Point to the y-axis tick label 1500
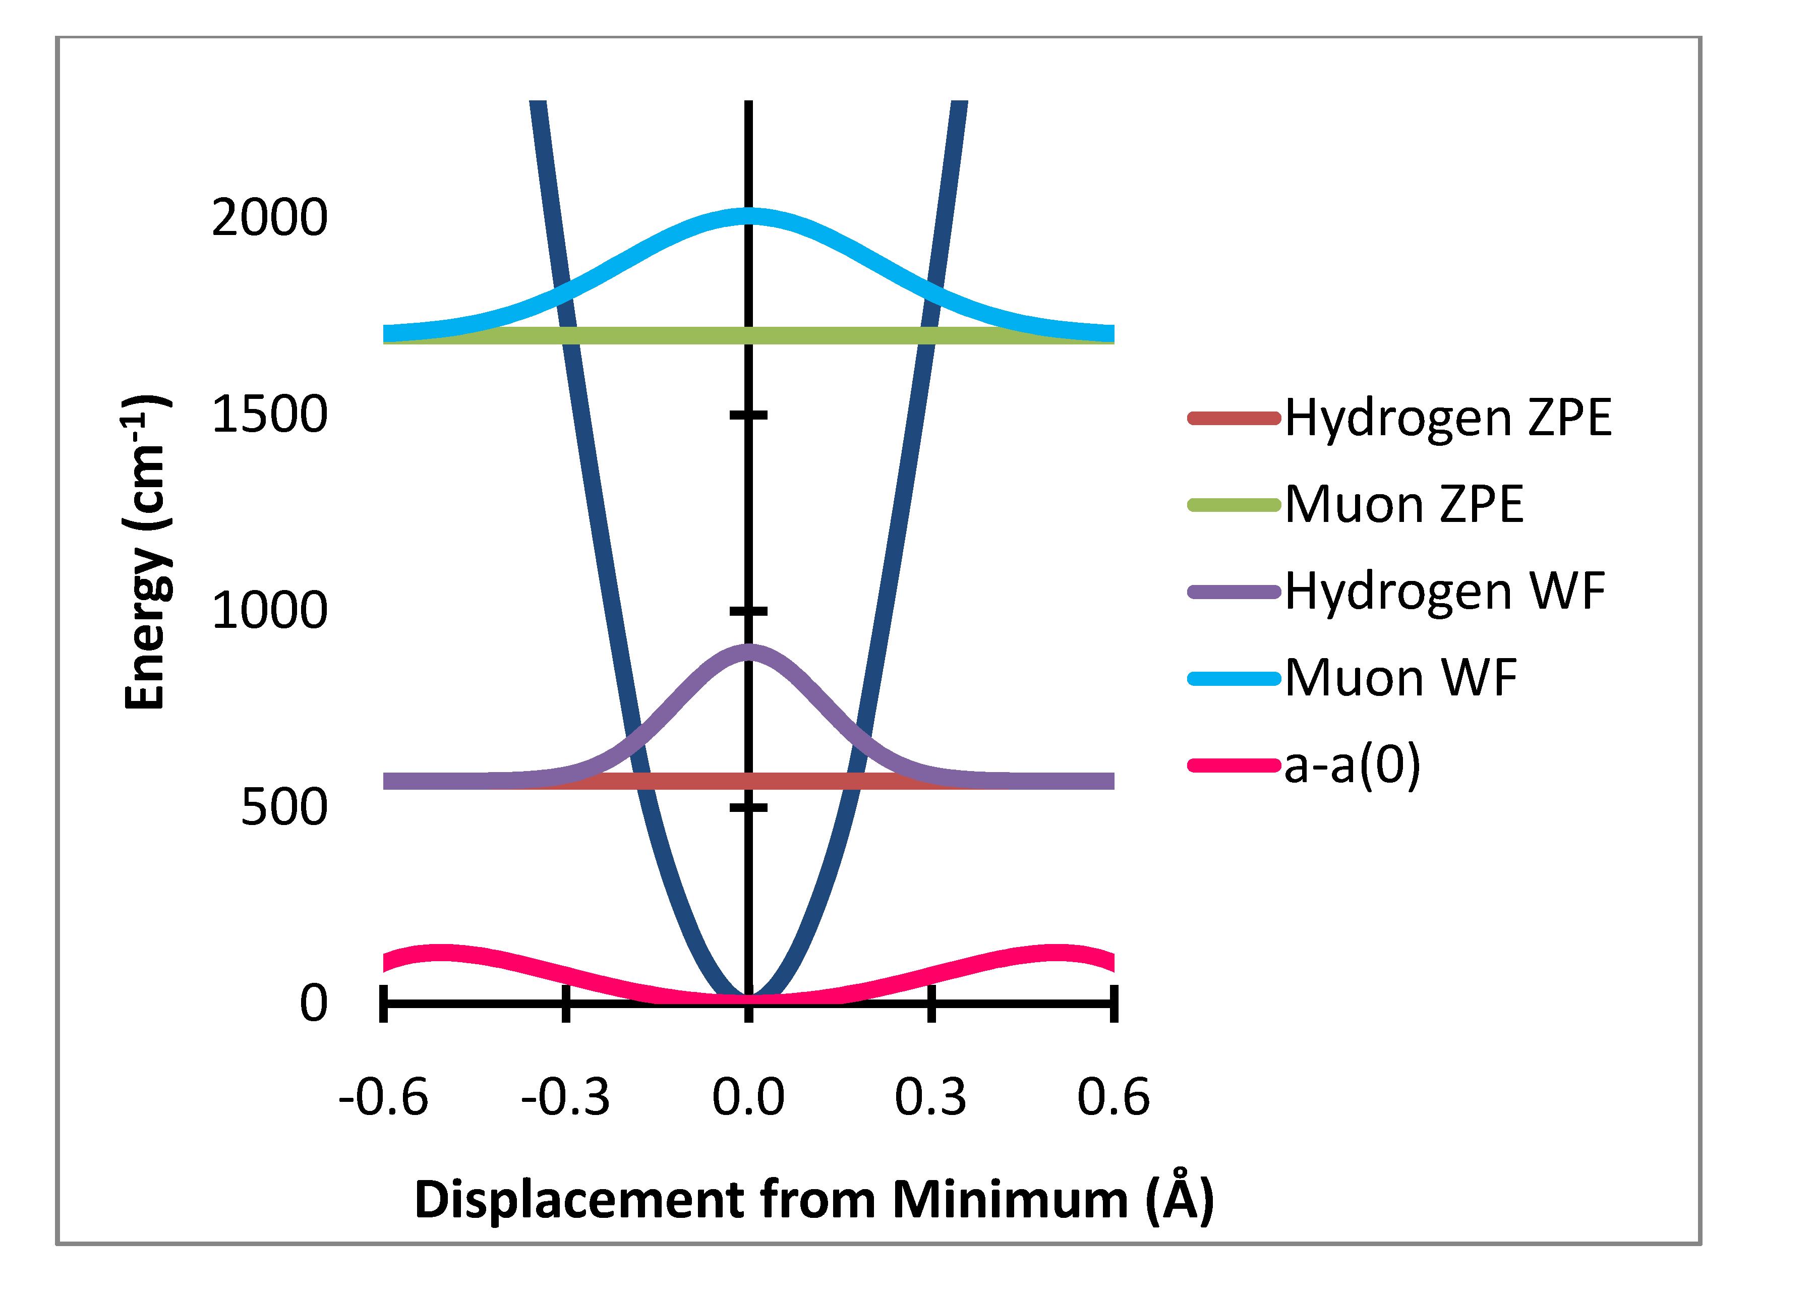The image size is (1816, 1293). [x=269, y=415]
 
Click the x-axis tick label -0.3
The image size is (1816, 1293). [x=565, y=1097]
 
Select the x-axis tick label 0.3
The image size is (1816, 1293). [x=930, y=1097]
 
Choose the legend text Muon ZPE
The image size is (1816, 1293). [x=1403, y=505]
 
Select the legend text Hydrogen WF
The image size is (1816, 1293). [x=1444, y=592]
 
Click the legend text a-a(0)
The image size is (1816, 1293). [x=1352, y=765]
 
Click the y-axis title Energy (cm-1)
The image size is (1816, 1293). [x=146, y=551]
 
